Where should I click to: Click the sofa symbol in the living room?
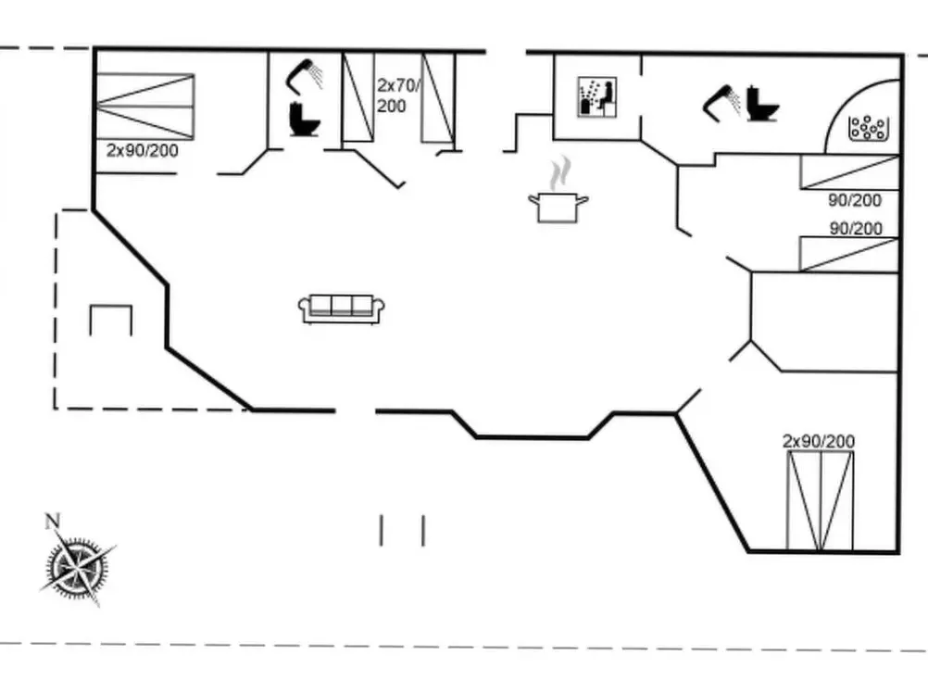point(342,309)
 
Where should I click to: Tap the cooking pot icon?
point(558,208)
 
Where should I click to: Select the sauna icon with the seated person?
point(597,97)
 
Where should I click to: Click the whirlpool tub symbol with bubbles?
point(868,128)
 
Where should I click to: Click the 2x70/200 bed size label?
point(398,95)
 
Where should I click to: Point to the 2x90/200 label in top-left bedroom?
point(142,150)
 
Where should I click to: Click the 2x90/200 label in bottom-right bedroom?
point(819,441)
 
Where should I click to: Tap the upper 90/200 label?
point(855,200)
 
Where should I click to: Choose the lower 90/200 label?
point(856,228)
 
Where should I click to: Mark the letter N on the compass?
point(53,521)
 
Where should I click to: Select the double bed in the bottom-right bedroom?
point(821,500)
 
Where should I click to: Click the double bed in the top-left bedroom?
point(145,107)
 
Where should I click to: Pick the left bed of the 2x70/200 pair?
point(358,97)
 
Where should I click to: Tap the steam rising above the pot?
point(560,173)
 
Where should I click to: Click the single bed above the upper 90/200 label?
point(850,172)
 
